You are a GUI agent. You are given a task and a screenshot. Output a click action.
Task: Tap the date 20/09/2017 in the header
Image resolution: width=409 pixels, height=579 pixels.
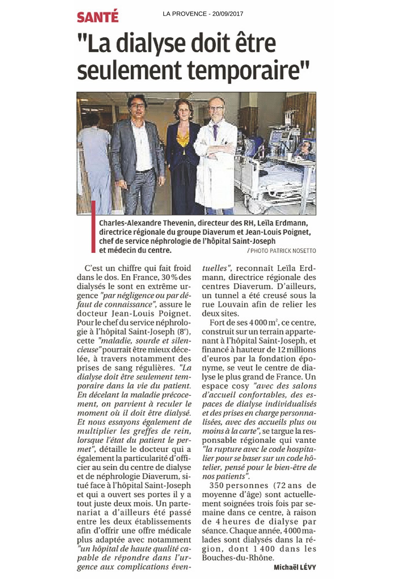coord(228,14)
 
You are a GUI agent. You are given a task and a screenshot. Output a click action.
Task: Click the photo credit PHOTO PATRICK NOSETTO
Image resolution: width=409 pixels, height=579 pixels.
coord(283,251)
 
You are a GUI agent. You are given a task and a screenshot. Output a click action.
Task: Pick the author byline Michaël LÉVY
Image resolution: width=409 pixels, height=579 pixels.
coord(295,567)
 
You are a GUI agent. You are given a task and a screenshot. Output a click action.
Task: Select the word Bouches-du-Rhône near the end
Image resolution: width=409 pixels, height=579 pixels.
coord(238,558)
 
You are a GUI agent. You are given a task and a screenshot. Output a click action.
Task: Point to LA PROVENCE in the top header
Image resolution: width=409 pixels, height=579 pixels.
coord(184,14)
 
